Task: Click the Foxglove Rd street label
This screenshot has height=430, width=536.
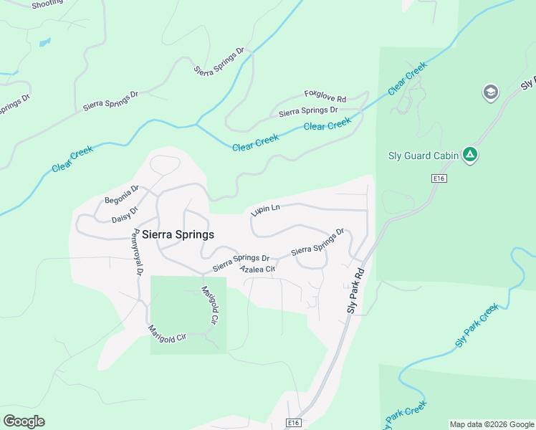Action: point(325,95)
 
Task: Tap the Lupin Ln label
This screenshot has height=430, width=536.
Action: point(265,209)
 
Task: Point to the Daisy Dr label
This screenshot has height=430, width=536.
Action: point(125,217)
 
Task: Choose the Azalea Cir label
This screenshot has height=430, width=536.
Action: point(258,269)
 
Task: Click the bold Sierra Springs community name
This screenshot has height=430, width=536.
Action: point(178,234)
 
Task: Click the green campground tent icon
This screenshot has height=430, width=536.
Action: point(470,154)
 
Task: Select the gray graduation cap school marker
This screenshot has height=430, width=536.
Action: point(491,92)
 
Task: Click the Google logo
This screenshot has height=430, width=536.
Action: point(24,421)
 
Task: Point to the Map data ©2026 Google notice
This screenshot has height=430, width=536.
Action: point(492,424)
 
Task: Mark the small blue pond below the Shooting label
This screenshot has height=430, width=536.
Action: point(44,43)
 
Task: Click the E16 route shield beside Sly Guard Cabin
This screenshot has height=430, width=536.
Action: point(439,178)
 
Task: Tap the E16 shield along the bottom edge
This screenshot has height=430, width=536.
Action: point(294,424)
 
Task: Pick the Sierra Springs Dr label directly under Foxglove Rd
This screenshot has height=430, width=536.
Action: point(308,111)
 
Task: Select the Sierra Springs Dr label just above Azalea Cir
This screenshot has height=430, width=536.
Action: point(241,263)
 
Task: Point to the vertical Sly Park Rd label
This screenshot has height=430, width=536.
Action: point(356,290)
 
